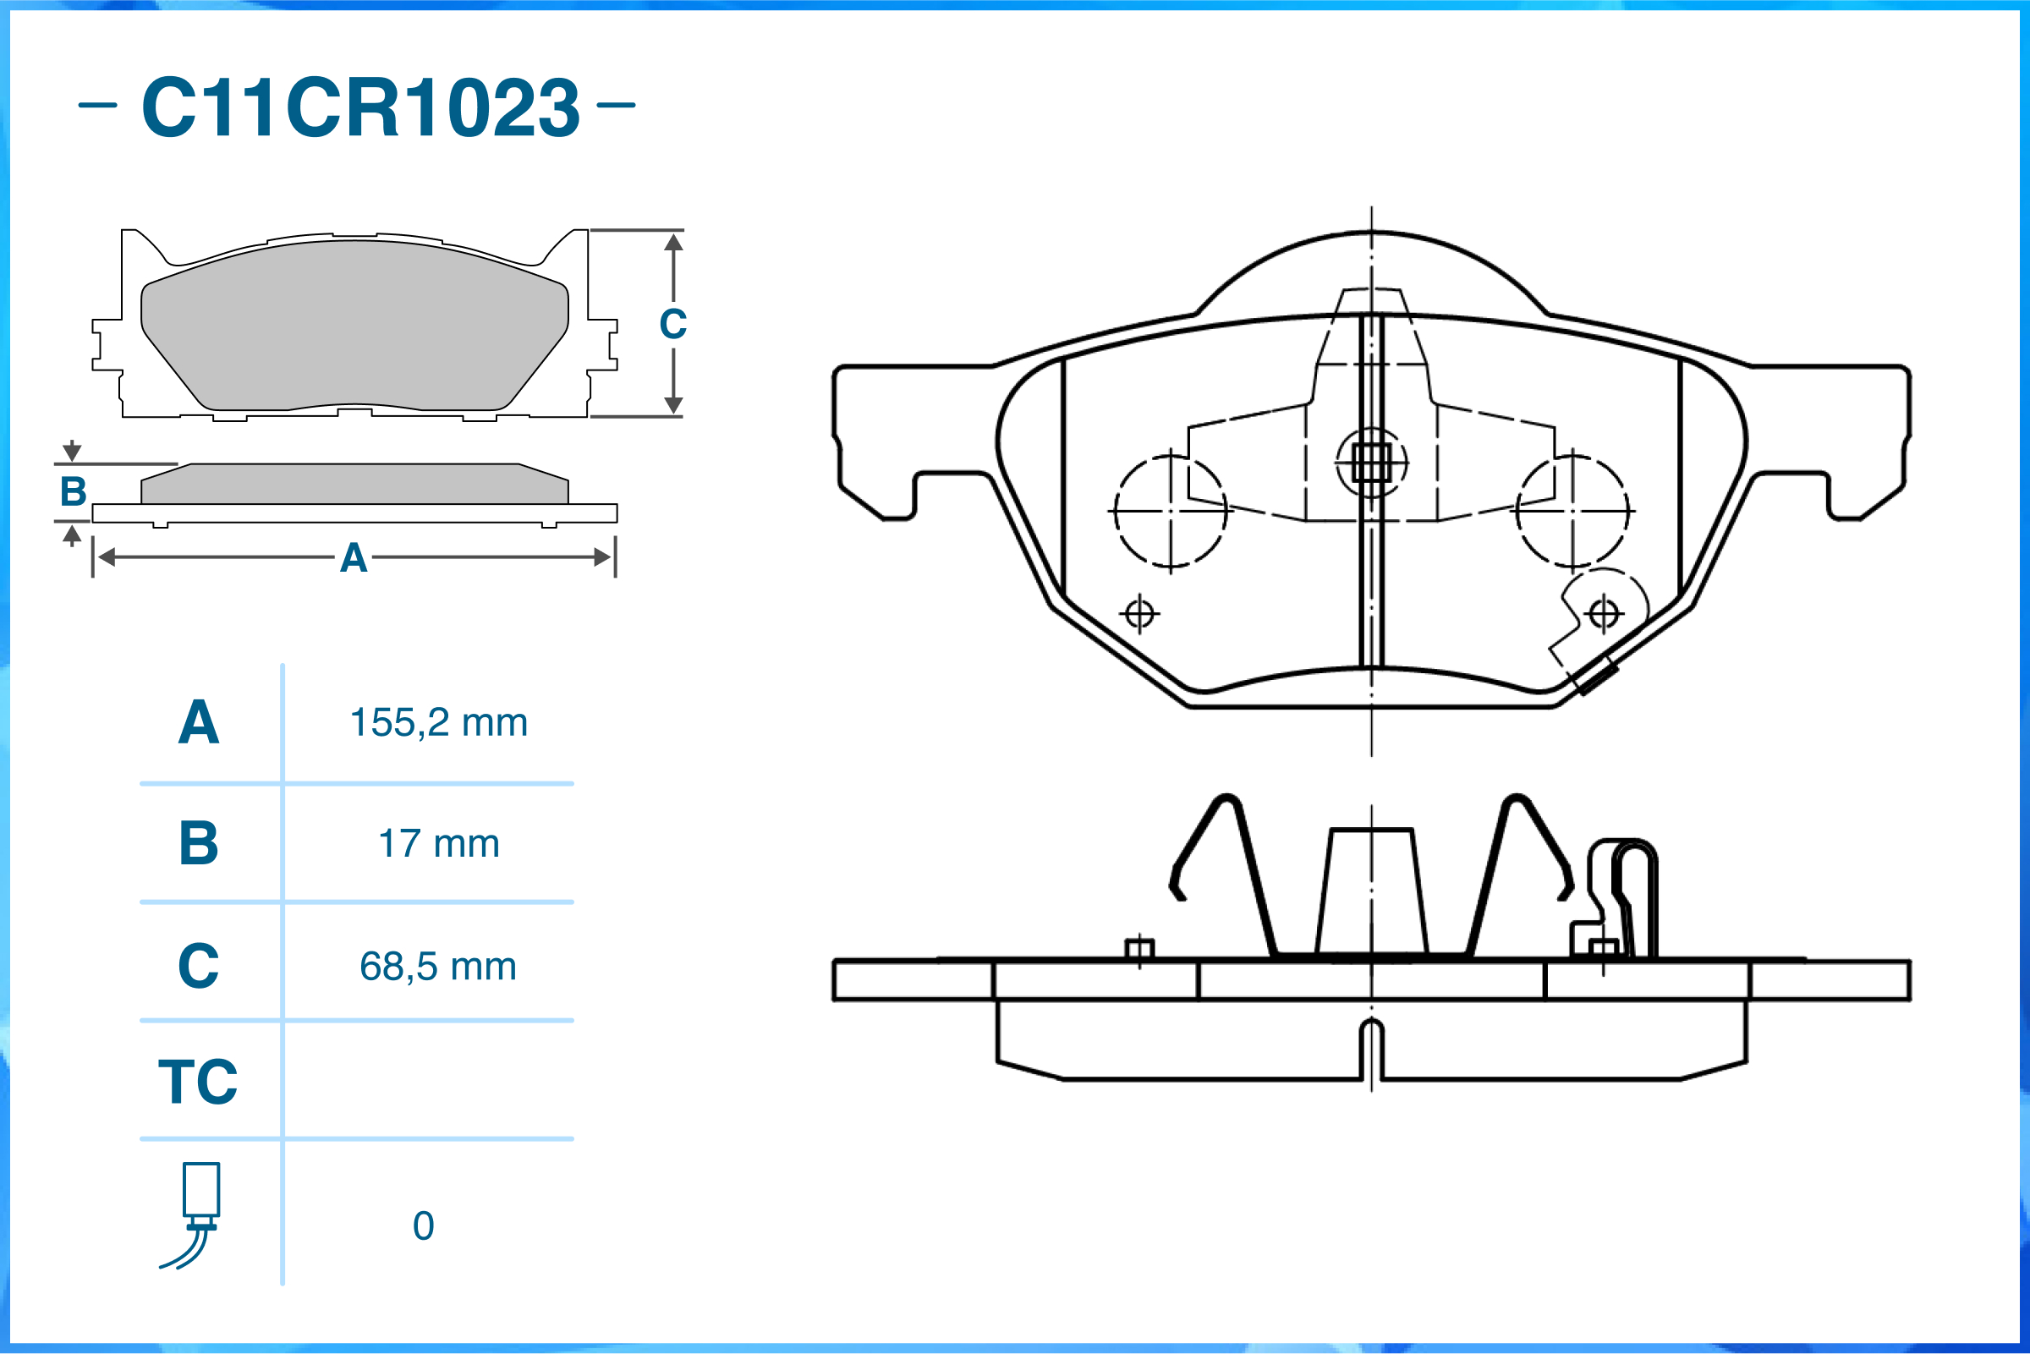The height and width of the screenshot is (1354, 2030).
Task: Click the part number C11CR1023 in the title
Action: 360,107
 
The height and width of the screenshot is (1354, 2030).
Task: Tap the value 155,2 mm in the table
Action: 439,723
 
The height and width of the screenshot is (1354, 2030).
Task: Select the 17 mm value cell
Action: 439,844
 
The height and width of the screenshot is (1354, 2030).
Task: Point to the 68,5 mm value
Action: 439,967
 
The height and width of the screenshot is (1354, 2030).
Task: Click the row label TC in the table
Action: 198,1082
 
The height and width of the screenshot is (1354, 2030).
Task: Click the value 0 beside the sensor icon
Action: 423,1226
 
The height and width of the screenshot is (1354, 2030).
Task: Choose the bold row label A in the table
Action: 199,723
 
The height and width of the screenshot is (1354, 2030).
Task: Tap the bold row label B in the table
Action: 199,844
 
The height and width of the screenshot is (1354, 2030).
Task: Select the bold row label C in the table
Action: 199,967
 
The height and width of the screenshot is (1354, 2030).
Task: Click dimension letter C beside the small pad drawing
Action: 672,325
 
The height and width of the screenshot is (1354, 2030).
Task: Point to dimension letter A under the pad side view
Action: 354,559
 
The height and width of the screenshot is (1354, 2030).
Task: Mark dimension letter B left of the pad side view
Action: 74,492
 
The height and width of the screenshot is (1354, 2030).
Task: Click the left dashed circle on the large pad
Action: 1170,511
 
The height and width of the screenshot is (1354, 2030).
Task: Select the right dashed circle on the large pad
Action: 1573,511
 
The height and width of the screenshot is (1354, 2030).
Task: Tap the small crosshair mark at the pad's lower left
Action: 1140,614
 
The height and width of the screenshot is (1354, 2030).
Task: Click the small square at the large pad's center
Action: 1371,463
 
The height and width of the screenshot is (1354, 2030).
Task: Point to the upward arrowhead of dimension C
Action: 673,242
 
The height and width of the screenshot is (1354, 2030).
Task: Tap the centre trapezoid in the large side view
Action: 1371,893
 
